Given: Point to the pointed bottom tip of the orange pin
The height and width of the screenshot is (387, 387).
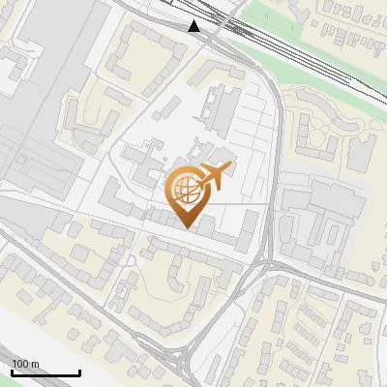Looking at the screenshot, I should click(x=187, y=227).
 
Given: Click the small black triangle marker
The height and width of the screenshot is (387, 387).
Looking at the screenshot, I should click(x=195, y=26).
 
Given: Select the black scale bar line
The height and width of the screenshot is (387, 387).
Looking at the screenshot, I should click(x=45, y=372).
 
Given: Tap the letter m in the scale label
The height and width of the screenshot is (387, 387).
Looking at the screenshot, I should click(x=34, y=364).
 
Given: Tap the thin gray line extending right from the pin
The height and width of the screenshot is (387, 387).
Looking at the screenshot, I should click(x=242, y=204).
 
